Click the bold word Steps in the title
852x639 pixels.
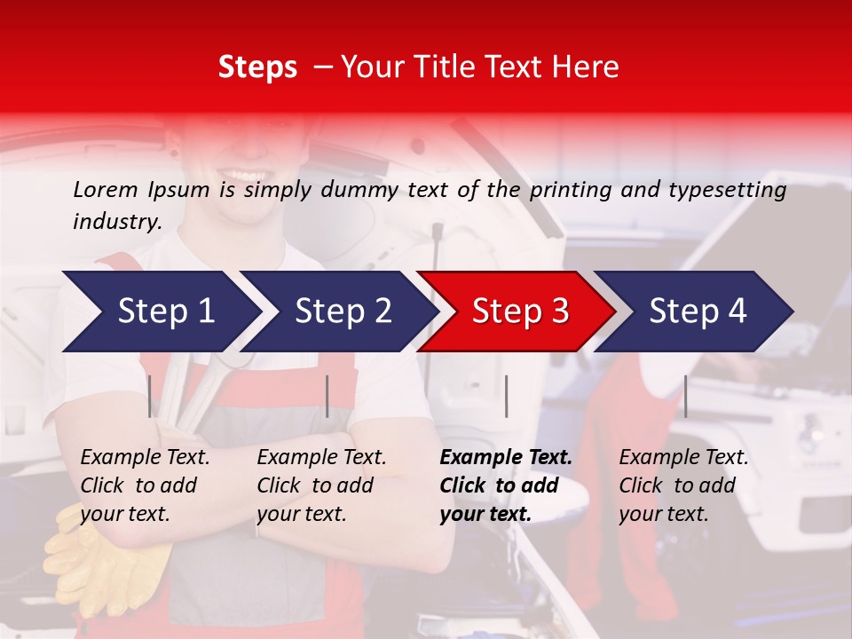click(x=257, y=67)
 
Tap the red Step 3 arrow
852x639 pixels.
click(x=520, y=311)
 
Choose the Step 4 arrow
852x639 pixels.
click(x=698, y=311)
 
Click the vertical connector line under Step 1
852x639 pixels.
click(x=150, y=396)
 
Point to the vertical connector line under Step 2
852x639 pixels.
click(x=327, y=396)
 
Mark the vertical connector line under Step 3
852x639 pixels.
click(x=507, y=396)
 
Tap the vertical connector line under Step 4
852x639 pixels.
click(x=685, y=396)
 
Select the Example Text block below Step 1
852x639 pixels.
click(x=145, y=485)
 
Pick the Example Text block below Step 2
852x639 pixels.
click(x=321, y=485)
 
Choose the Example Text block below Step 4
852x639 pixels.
click(x=683, y=485)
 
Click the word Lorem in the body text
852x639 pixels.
click(x=106, y=189)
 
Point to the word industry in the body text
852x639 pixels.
click(x=116, y=221)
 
